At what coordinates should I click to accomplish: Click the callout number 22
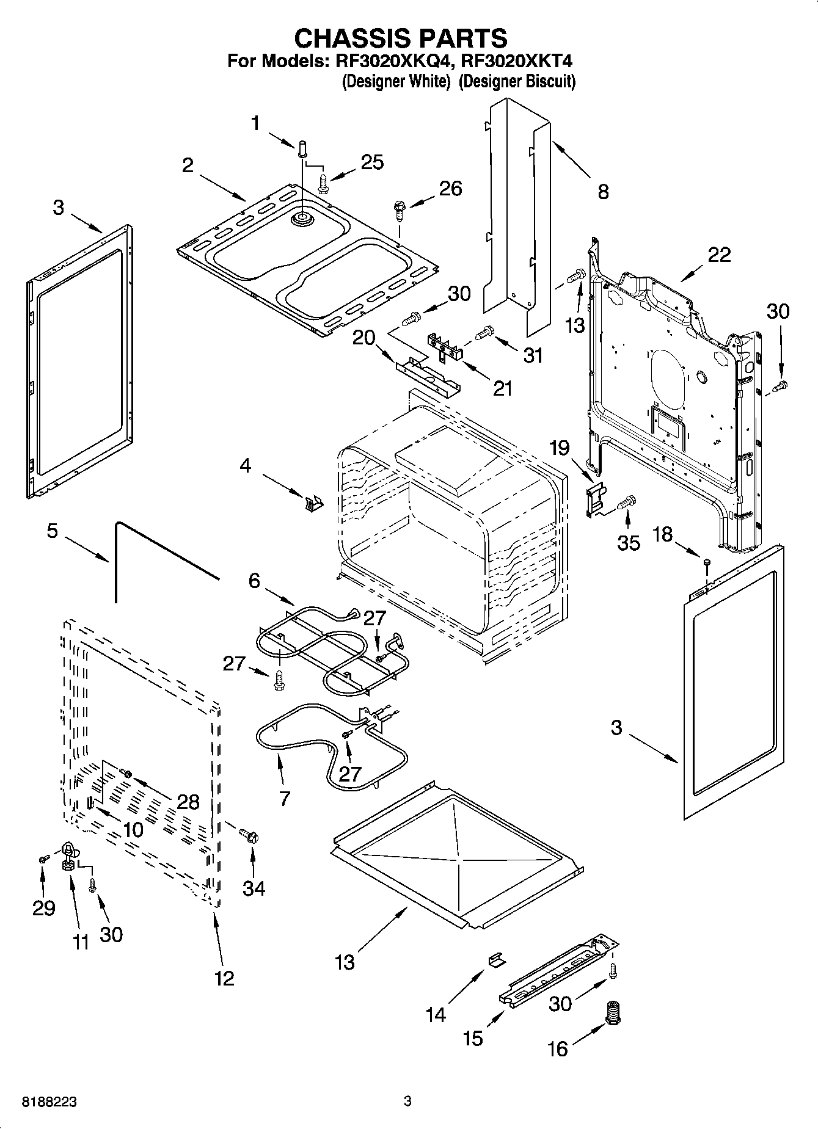pyautogui.click(x=719, y=255)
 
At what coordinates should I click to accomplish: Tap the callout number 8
pyautogui.click(x=603, y=192)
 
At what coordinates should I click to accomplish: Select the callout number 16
pyautogui.click(x=557, y=1049)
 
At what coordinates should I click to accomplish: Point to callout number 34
pyautogui.click(x=254, y=888)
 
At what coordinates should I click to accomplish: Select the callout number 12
pyautogui.click(x=224, y=979)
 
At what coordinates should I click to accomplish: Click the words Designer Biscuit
pyautogui.click(x=517, y=82)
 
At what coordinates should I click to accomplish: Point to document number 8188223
pyautogui.click(x=49, y=1102)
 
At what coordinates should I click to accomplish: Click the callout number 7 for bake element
pyautogui.click(x=285, y=799)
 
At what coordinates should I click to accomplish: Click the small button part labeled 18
pyautogui.click(x=707, y=561)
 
